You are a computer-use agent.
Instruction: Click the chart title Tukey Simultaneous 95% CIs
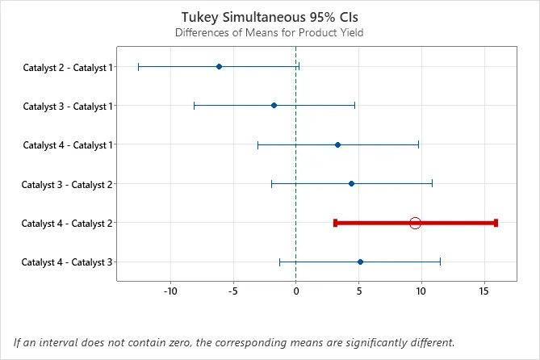(x=269, y=16)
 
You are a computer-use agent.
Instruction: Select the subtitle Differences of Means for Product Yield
(x=269, y=33)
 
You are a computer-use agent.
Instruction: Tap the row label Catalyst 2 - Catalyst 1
(x=68, y=67)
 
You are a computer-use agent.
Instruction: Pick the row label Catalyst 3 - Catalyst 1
(x=68, y=106)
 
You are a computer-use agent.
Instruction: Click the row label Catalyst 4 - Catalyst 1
(x=68, y=145)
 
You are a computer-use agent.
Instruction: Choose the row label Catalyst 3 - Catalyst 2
(x=68, y=184)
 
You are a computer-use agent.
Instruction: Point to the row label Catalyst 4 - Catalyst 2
(x=68, y=223)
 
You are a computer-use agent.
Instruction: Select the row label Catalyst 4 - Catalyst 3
(x=68, y=262)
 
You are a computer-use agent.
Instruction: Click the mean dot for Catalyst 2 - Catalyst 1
(x=219, y=66)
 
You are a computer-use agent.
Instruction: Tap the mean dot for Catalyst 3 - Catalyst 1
(x=274, y=105)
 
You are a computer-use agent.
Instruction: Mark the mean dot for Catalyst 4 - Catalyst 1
(x=337, y=144)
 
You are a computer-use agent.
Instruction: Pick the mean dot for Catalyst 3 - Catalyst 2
(x=351, y=183)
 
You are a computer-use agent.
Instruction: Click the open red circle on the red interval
(x=415, y=223)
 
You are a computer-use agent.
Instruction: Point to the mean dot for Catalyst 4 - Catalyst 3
(x=360, y=262)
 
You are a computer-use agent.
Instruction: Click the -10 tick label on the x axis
(x=170, y=291)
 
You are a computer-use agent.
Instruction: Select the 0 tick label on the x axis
(x=296, y=291)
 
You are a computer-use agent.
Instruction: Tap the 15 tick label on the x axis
(x=483, y=291)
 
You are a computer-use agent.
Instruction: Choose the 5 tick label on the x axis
(x=358, y=291)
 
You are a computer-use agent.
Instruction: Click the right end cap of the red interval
(x=496, y=223)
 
